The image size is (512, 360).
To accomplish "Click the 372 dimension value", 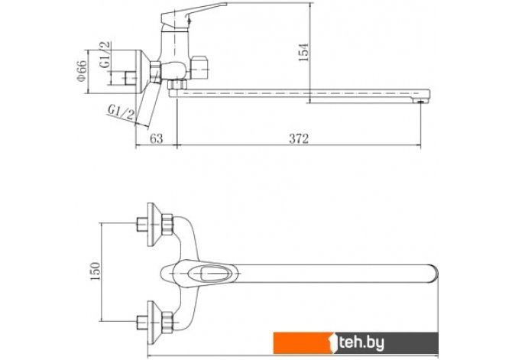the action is point(299,138).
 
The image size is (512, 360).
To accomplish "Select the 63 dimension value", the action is point(156,138).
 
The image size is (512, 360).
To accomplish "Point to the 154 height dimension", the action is point(303,52).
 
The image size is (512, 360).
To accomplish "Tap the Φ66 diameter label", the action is point(82,71).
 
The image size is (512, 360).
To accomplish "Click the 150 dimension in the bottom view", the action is point(95,271).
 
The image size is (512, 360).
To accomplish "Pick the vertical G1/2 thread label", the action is point(105,54).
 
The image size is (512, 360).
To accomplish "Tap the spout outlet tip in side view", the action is point(421,101).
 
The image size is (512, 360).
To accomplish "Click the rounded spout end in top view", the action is point(433,273).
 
